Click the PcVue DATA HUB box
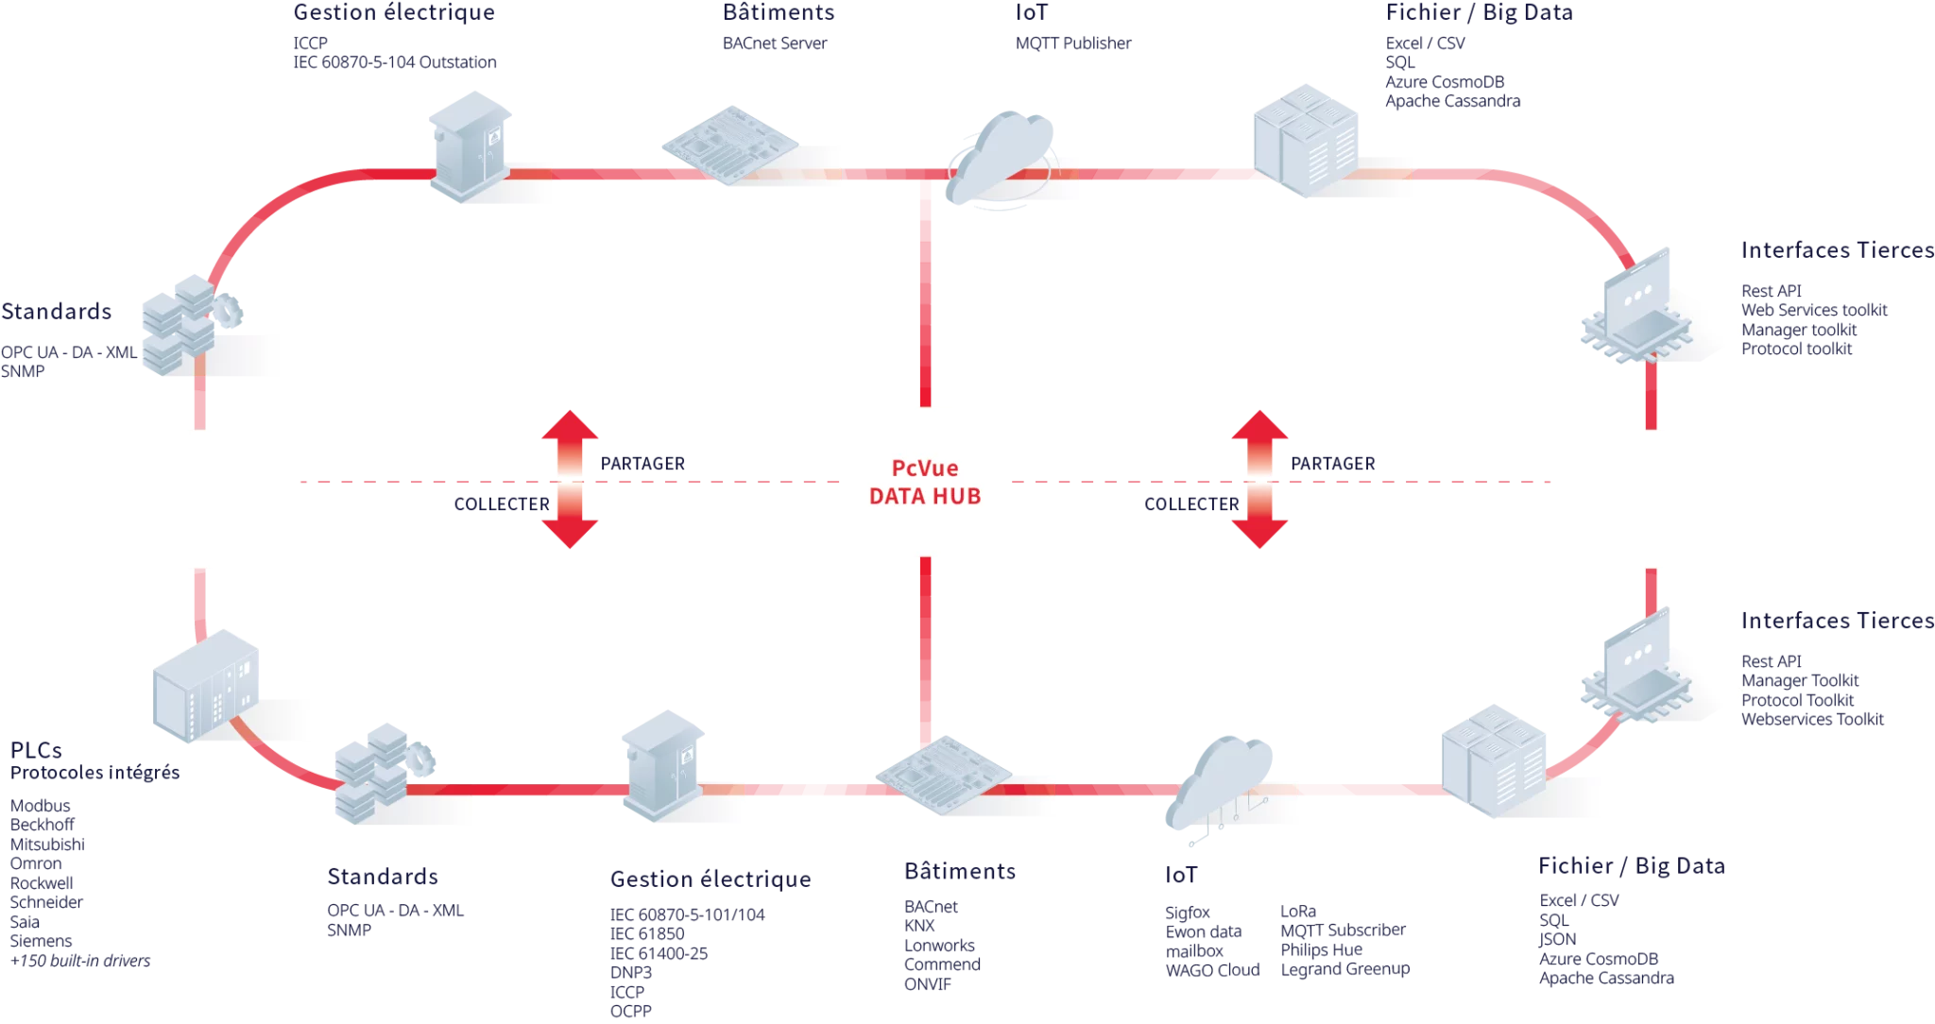(x=925, y=481)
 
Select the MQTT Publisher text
(x=1072, y=43)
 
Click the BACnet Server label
(x=774, y=43)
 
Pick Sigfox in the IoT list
(x=1189, y=913)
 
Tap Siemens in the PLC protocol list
(x=42, y=942)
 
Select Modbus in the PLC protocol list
(x=42, y=806)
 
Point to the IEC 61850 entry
(x=648, y=933)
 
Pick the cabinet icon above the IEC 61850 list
(x=664, y=760)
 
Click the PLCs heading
(x=38, y=752)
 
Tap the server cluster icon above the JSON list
(x=1493, y=760)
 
